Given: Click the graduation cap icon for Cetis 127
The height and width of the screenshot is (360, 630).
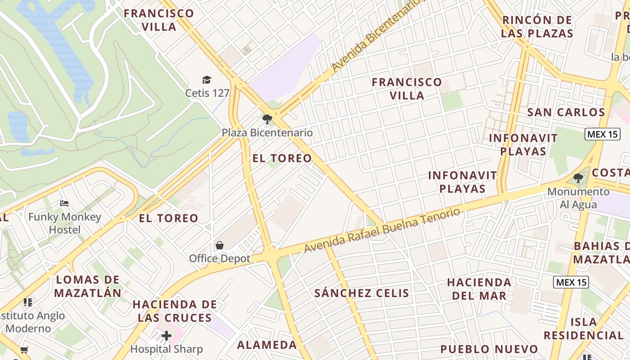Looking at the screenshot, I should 207,80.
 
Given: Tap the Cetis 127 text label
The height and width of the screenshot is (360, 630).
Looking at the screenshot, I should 207,93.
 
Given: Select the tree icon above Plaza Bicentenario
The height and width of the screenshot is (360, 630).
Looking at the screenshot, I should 267,119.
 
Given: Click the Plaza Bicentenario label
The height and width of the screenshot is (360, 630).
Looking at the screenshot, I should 267,133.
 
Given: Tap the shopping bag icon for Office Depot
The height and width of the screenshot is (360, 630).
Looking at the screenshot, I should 220,245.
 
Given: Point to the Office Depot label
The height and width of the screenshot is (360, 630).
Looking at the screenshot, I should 220,258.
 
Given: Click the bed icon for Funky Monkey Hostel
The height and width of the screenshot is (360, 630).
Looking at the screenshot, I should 64,203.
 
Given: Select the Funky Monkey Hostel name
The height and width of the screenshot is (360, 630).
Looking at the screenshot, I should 65,223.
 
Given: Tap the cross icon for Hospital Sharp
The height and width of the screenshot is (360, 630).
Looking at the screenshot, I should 166,336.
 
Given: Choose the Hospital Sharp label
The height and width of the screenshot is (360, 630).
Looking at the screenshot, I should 166,349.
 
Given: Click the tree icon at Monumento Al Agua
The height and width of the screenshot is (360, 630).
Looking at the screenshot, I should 578,179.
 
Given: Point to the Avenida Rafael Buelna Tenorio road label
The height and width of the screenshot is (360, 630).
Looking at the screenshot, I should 382,230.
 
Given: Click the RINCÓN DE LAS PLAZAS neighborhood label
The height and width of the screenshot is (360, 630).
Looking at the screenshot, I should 537,27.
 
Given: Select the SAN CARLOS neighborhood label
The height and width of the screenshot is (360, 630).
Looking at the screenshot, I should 566,112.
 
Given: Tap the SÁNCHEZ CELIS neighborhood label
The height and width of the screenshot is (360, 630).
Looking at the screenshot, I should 362,293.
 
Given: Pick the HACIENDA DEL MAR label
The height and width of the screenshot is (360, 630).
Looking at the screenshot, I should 479,289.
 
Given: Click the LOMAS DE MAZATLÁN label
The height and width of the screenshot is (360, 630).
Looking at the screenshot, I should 88,286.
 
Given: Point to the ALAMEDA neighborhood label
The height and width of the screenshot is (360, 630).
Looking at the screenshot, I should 267,345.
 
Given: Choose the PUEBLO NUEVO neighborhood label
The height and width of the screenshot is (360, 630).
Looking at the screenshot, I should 489,349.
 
